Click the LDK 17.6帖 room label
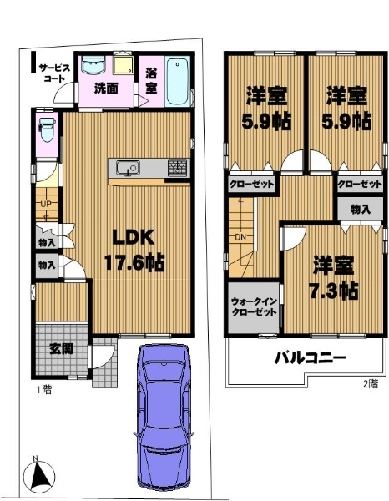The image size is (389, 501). (x=134, y=250)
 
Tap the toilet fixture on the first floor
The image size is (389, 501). (x=47, y=129)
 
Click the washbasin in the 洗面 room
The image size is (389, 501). (x=93, y=65)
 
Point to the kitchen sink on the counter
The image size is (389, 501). (x=128, y=168)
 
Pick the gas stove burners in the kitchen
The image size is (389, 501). (x=179, y=168)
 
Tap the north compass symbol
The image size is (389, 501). (x=39, y=473)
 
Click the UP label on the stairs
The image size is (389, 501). (x=45, y=204)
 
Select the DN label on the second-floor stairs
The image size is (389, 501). (x=240, y=237)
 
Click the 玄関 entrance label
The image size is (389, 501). (x=61, y=349)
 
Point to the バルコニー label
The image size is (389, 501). (x=311, y=358)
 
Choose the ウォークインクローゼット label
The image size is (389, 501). (x=254, y=307)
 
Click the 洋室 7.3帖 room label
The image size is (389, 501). (x=334, y=278)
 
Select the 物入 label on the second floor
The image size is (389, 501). (x=361, y=210)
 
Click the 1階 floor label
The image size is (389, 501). (x=43, y=390)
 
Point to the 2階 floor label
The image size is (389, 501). (x=371, y=384)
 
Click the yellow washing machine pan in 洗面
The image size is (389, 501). (x=124, y=65)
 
